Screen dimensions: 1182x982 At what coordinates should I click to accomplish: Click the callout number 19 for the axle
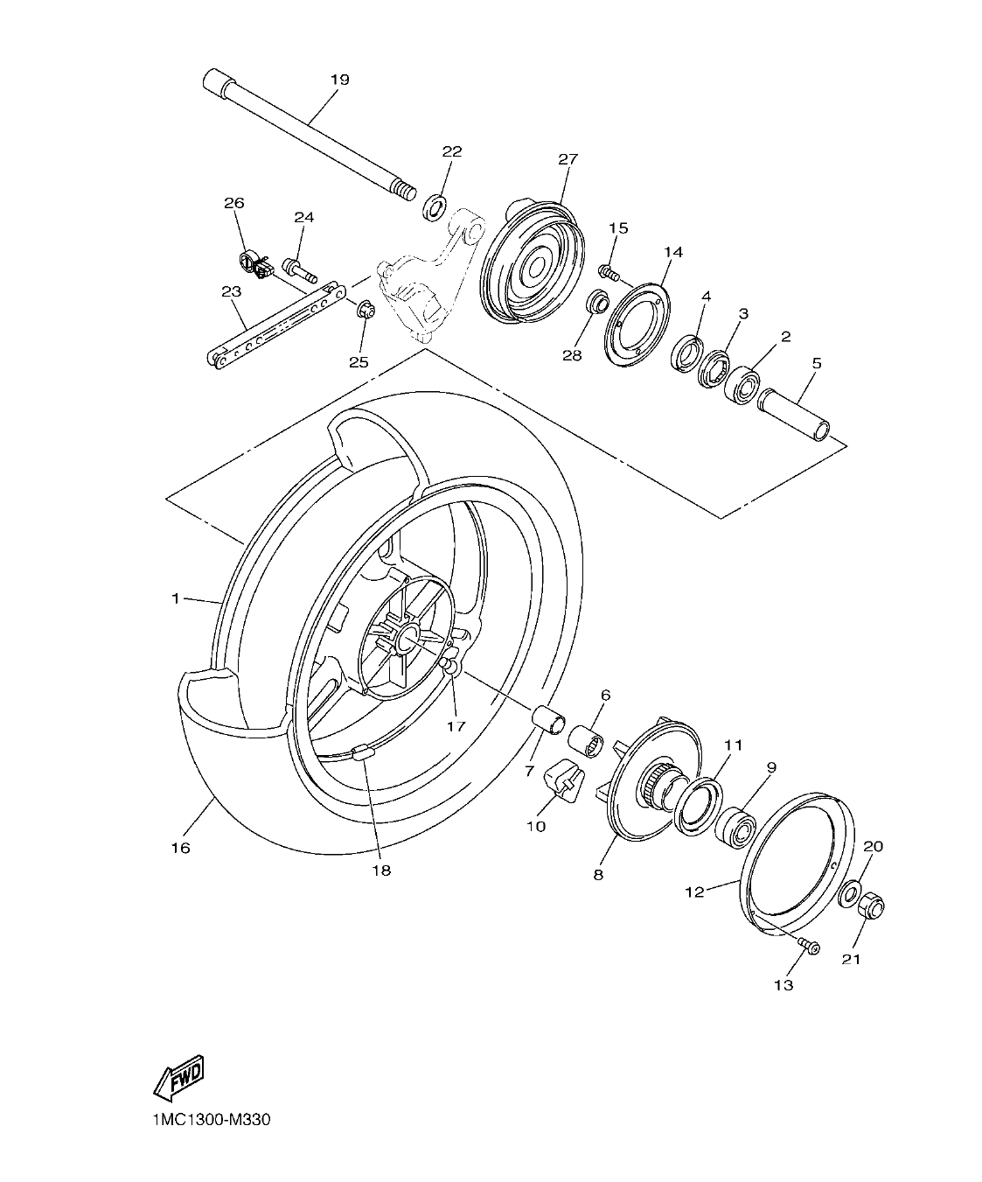339,80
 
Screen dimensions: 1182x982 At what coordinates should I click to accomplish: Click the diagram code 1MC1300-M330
203,1121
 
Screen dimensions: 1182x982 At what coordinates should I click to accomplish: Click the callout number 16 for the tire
180,848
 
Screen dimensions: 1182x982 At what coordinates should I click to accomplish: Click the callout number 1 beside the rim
175,598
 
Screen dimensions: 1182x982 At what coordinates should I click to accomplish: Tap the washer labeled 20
848,896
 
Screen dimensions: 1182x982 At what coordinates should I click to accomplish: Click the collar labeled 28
597,306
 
